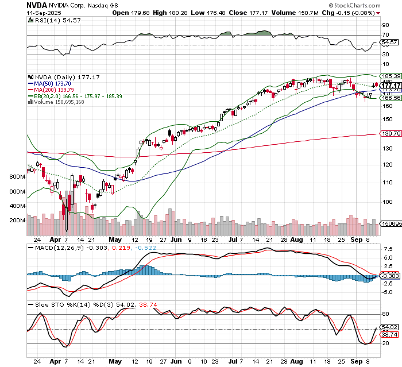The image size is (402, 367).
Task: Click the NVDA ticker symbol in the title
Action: click(37, 5)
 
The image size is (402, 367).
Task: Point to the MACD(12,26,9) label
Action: click(56, 248)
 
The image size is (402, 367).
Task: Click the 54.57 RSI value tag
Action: click(391, 43)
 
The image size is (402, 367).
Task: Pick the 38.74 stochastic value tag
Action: click(391, 334)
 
